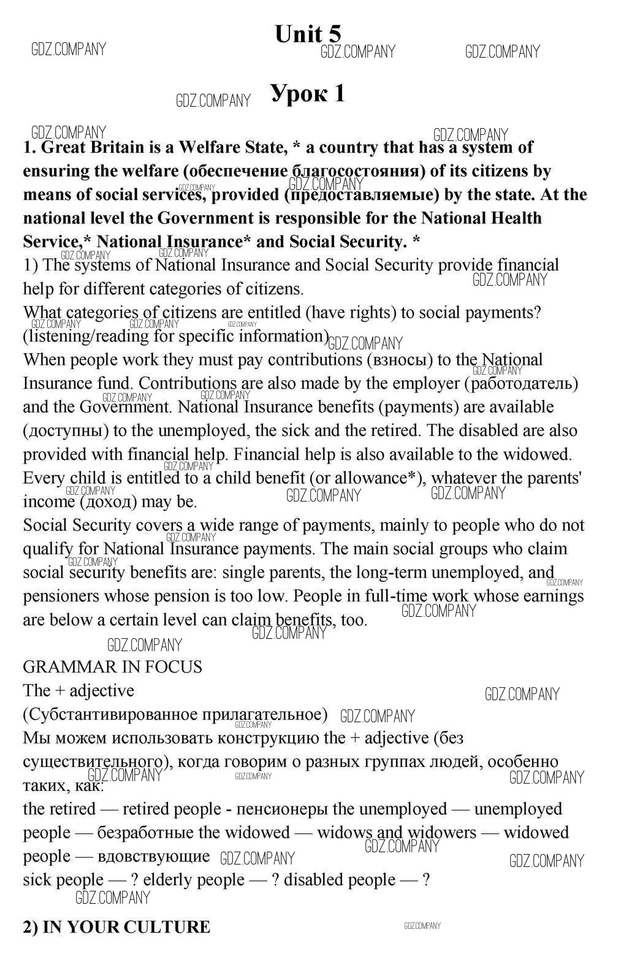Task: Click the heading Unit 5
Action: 308,34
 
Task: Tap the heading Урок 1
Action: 308,93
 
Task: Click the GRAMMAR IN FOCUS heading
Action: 112,667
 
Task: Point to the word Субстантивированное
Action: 104,715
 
